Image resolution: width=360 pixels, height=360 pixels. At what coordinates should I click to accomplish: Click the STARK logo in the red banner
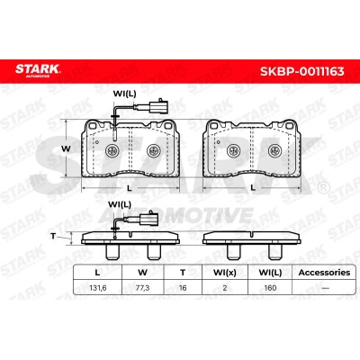coord(38,71)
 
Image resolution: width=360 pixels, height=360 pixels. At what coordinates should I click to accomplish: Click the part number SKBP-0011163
coord(301,71)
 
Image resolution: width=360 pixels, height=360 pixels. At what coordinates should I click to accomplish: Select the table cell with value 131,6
coord(98,288)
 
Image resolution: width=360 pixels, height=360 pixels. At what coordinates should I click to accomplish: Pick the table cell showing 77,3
coord(142,288)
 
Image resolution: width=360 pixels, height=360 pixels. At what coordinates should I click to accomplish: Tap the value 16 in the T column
coord(183,288)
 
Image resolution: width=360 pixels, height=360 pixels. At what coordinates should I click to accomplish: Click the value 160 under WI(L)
coord(270,288)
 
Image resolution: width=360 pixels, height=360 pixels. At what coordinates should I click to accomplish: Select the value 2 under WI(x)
coord(225,288)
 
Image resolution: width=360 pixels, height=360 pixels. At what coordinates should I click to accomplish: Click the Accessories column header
coord(324,273)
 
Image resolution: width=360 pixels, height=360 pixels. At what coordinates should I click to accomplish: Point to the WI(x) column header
coord(225,273)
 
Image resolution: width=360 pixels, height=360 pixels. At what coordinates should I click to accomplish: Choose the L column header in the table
coord(97,273)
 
